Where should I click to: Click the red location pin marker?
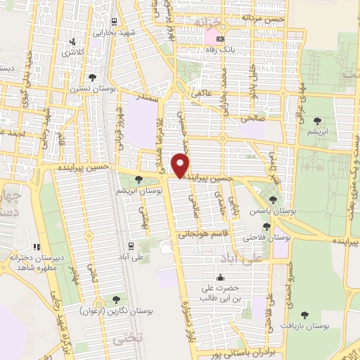tap(181, 165)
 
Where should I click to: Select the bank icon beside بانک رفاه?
tap(221, 39)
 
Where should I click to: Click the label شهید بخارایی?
tap(115, 33)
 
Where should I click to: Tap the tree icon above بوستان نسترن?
tap(93, 77)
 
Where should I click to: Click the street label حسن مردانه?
tap(260, 16)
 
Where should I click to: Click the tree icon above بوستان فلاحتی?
tap(266, 226)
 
